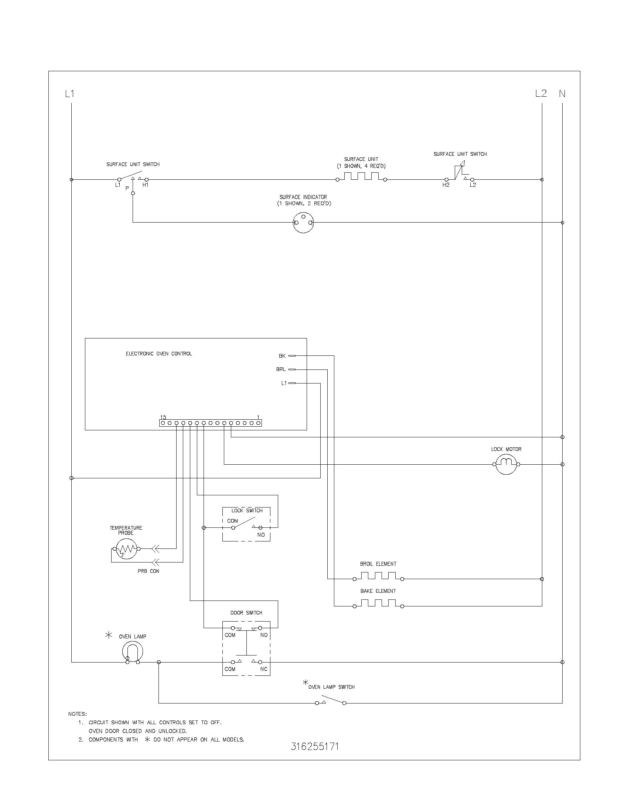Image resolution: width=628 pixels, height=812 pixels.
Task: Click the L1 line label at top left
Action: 69,94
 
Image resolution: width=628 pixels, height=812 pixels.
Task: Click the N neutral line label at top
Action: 562,94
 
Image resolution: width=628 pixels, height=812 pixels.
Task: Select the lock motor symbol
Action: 506,464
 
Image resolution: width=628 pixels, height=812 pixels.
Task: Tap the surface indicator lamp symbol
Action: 303,223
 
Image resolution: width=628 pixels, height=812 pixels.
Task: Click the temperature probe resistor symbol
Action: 126,548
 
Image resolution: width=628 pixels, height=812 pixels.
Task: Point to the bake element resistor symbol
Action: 378,603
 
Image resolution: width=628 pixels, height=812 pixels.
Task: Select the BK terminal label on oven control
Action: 282,356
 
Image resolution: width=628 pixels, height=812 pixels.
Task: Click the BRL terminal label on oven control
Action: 281,369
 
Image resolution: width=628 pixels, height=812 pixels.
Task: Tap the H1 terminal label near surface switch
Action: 145,185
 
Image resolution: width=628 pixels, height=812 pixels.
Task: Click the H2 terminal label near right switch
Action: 446,185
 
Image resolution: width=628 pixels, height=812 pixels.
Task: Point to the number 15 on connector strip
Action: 163,417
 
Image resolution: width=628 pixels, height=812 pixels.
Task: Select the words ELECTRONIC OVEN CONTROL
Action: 159,354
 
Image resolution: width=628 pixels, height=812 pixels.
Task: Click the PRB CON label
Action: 148,571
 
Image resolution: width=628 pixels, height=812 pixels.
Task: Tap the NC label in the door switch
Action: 263,669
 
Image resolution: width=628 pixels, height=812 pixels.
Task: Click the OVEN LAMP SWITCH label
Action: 331,687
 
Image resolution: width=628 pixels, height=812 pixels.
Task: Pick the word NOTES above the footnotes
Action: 77,714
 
